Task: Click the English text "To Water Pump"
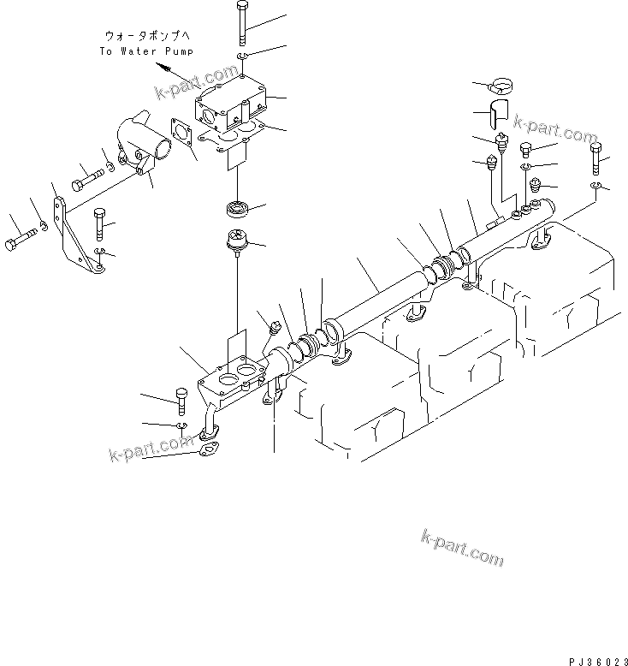tap(145, 51)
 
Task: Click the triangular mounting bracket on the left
tap(76, 233)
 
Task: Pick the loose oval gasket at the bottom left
tap(210, 449)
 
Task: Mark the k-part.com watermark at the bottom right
tap(462, 547)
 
